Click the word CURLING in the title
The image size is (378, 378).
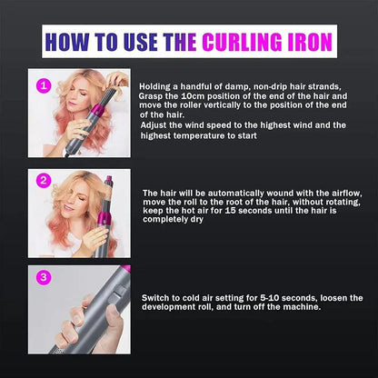pos(250,42)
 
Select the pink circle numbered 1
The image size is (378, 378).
pos(42,85)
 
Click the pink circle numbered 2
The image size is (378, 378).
pos(42,180)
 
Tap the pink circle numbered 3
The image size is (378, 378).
pos(42,274)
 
